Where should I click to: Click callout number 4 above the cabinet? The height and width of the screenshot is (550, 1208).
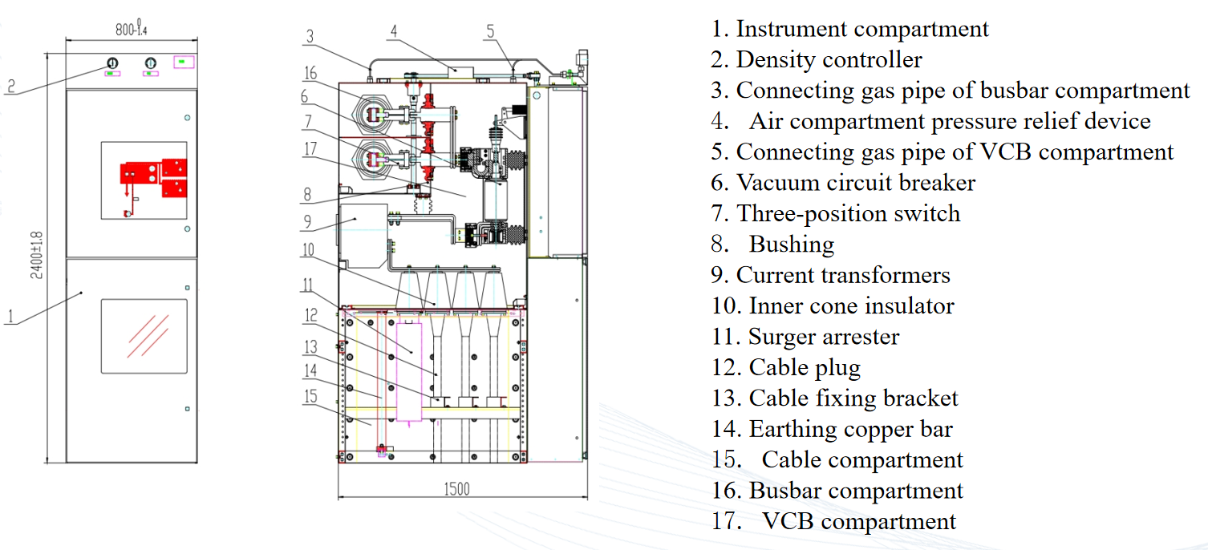[x=394, y=31]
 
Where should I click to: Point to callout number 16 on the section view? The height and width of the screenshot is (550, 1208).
[x=310, y=74]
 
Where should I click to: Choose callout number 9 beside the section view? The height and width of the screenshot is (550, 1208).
[x=307, y=220]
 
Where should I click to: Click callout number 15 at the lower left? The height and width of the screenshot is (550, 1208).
[x=310, y=396]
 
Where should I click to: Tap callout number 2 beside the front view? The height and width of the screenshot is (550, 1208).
[x=10, y=86]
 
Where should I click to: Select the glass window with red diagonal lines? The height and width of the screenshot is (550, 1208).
[x=144, y=335]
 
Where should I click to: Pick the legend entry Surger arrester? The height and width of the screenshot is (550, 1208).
[x=824, y=337]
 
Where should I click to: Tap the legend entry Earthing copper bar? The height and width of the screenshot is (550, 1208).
[x=850, y=429]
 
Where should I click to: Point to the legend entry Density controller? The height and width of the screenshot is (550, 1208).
[x=829, y=59]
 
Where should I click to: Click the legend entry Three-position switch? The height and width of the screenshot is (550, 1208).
[x=848, y=213]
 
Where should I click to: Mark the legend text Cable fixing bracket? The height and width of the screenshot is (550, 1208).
[x=853, y=398]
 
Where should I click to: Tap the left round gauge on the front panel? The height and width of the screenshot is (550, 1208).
[x=111, y=63]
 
